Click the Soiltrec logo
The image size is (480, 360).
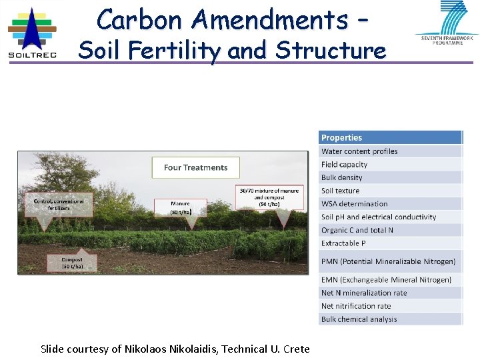tap(32, 32)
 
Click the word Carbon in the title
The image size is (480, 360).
tap(142, 20)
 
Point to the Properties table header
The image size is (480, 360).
tap(390, 137)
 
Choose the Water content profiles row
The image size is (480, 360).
tap(390, 151)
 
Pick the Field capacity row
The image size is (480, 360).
tap(390, 165)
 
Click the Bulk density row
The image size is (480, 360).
tap(390, 177)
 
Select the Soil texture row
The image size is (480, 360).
tap(390, 191)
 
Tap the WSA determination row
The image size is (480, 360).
tap(390, 204)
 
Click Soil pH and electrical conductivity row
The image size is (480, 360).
tap(390, 217)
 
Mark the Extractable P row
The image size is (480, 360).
tap(390, 243)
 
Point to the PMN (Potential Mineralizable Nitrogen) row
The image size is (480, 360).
tap(390, 261)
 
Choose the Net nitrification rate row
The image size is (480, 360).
tap(390, 306)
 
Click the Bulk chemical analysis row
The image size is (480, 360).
tap(390, 319)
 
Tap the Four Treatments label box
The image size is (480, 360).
tap(196, 167)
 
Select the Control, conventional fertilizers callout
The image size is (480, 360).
tap(59, 205)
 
